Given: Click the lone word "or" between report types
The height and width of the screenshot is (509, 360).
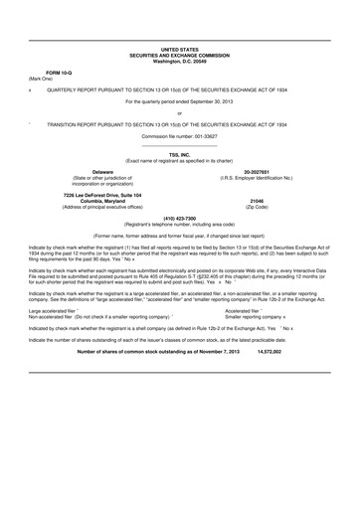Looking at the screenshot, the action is point(180,113).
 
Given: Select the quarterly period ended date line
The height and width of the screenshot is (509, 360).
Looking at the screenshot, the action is point(180,101).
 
